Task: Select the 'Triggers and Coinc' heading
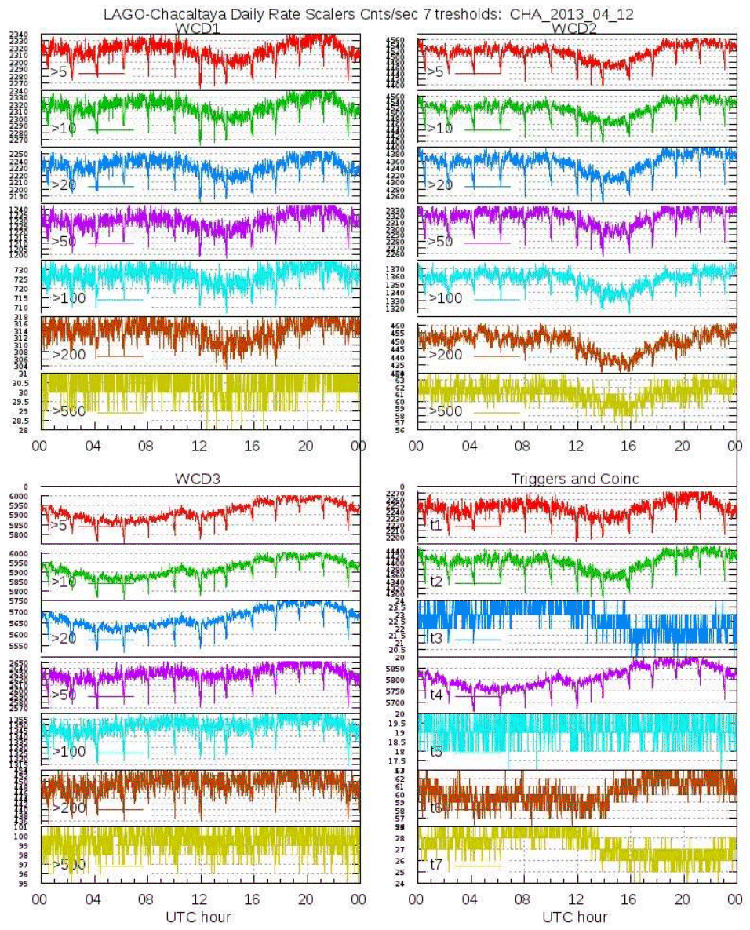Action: pos(574,479)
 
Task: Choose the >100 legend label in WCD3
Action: pos(68,751)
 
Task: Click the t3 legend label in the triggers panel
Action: pos(436,637)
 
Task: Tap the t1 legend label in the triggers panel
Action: pos(436,524)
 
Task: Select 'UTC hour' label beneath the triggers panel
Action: pos(575,916)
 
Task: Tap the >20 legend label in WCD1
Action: pos(63,184)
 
